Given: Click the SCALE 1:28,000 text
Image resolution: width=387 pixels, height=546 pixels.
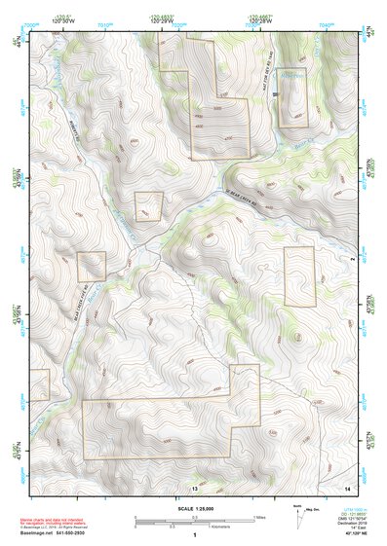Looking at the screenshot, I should (x=194, y=509).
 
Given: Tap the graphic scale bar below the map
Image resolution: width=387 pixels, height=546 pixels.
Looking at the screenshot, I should (x=193, y=523).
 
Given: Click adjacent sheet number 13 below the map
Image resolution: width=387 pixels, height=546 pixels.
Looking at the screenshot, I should (x=194, y=486).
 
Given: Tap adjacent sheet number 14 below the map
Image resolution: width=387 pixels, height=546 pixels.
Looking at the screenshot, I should (x=348, y=486).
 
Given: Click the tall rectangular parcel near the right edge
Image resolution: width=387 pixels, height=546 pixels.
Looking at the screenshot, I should (x=299, y=276).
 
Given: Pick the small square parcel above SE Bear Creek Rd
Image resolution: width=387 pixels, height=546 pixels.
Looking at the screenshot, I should (x=148, y=206).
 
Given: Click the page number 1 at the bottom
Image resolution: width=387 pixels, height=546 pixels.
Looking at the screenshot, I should (x=194, y=534).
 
